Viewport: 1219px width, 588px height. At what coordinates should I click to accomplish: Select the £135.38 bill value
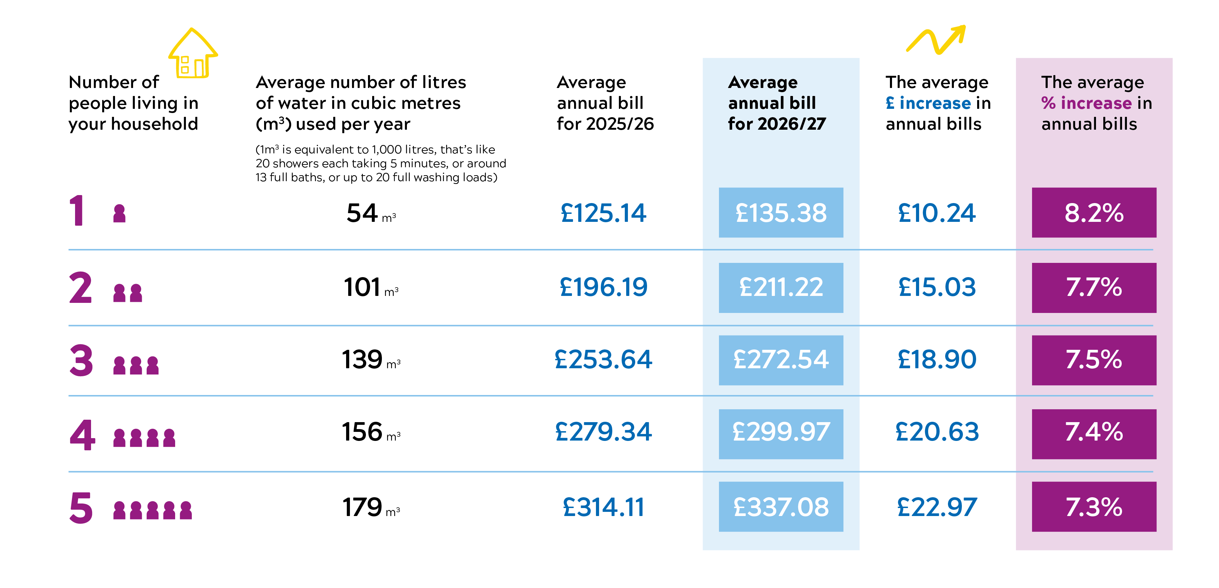[x=780, y=212]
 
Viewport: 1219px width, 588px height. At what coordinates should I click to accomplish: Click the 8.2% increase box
[x=1094, y=212]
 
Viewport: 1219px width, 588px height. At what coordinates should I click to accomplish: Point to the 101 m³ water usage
[x=370, y=287]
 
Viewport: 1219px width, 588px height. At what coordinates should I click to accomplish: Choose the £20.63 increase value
[x=936, y=432]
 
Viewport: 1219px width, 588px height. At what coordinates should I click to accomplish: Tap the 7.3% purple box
[x=1094, y=507]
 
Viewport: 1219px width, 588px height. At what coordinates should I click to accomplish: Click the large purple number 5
[x=81, y=508]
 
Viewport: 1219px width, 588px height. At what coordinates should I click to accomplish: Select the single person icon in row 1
[x=119, y=213]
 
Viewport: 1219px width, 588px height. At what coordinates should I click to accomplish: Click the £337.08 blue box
[x=780, y=507]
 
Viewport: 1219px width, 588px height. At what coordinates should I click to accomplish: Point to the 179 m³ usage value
[x=370, y=507]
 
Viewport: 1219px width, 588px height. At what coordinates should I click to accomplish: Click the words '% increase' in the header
[x=1086, y=103]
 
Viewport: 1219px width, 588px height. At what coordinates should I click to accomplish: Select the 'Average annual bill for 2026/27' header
[x=776, y=103]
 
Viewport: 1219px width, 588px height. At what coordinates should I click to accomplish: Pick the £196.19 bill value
[x=603, y=287]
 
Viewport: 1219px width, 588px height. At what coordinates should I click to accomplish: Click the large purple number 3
[x=81, y=360]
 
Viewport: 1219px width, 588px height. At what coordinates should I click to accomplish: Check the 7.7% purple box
[x=1094, y=287]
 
